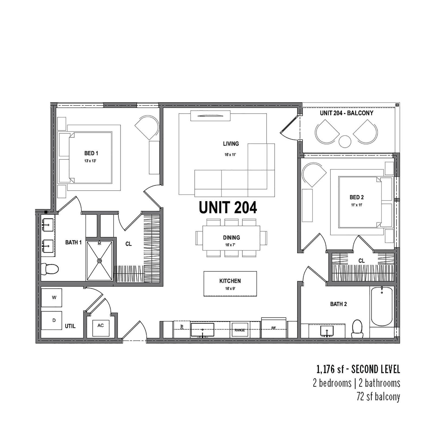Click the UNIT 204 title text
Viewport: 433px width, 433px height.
coord(228,208)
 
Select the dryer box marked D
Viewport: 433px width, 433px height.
coord(52,320)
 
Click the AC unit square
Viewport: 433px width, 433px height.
coord(101,328)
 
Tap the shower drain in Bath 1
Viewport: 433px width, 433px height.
coord(100,261)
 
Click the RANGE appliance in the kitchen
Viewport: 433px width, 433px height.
coord(240,330)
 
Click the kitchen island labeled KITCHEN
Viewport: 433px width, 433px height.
coord(230,284)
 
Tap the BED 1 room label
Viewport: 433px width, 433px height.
coord(91,153)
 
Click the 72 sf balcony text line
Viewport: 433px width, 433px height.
coord(378,397)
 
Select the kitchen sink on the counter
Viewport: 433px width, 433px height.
coord(202,329)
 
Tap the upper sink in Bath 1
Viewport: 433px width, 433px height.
coord(48,224)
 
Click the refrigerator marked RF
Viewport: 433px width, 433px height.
coord(274,328)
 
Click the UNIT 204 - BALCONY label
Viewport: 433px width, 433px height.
coord(346,113)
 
